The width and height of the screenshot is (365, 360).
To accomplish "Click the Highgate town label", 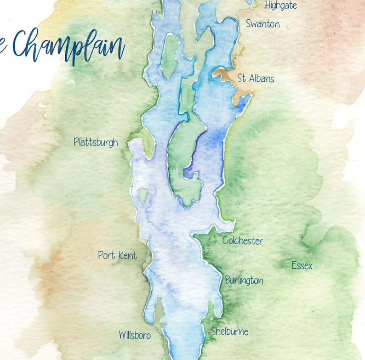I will tap(280, 6).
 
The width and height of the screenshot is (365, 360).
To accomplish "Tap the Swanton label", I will tap(262, 24).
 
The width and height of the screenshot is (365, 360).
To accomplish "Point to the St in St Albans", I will tap(241, 79).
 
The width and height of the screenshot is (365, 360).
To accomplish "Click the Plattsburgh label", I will tap(96, 142).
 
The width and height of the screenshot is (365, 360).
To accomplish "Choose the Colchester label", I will tap(242, 241).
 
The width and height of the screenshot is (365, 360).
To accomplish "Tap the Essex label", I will tap(302, 265).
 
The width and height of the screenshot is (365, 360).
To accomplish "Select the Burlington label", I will tap(244, 281).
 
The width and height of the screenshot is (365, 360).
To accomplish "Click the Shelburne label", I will tap(229, 331).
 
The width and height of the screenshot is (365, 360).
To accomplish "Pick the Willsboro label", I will tap(134, 335).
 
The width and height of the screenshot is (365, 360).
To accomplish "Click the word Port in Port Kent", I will tap(106, 255).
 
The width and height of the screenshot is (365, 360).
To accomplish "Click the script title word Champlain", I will tap(69, 46).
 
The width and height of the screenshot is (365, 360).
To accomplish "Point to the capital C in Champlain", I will tap(23, 44).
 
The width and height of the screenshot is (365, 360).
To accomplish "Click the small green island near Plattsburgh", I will tap(143, 196).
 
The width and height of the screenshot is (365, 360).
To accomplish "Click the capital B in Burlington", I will tap(228, 280).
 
